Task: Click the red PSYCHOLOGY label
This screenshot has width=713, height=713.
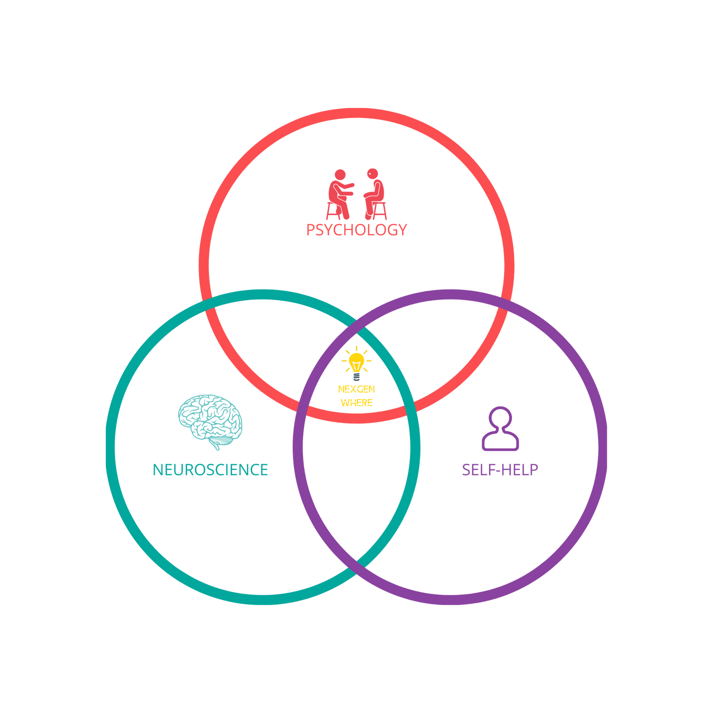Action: tap(356, 230)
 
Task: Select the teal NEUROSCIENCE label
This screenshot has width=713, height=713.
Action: tap(210, 469)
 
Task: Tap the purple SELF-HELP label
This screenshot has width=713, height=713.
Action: tap(500, 469)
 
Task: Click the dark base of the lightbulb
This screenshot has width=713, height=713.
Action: tap(356, 377)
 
